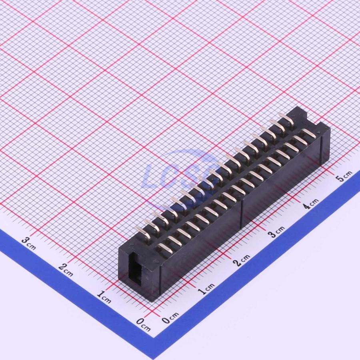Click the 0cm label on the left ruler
coord(143,324)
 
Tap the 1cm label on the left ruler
coord(104,297)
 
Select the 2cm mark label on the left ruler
coord(66,270)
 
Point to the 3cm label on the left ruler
coord(29,243)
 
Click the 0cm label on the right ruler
coord(170,318)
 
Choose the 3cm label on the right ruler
coord(276,232)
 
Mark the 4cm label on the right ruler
coord(311,204)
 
